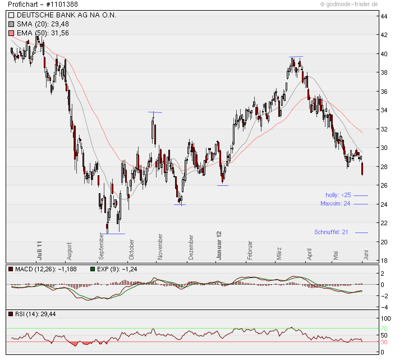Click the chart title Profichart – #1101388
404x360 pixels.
[x=43, y=4]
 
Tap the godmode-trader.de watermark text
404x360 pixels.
[x=349, y=4]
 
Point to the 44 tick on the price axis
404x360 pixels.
[x=384, y=16]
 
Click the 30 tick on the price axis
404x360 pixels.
[x=384, y=148]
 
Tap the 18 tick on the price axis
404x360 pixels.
[x=384, y=261]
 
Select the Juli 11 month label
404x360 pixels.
[x=40, y=249]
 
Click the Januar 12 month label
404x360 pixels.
[x=219, y=245]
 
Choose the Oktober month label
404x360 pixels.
[x=132, y=249]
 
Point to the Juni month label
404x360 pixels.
[x=366, y=253]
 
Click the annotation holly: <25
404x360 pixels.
[x=338, y=195]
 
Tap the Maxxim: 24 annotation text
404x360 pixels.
[x=336, y=203]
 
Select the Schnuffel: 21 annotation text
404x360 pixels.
[x=332, y=232]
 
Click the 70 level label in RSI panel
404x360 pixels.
[x=384, y=329]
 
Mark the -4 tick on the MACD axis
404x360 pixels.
[x=383, y=307]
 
